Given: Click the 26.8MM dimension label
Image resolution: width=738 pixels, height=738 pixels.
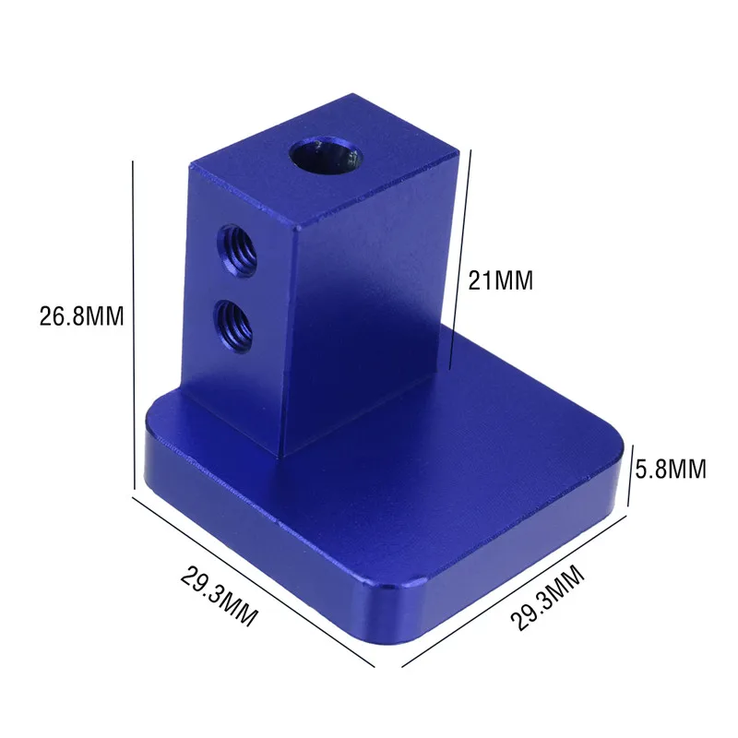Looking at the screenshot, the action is point(81,315).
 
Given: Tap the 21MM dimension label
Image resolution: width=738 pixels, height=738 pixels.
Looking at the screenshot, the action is point(501,280).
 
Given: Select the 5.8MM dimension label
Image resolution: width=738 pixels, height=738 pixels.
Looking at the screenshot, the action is point(671,469).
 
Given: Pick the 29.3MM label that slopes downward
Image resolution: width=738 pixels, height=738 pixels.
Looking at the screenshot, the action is point(220,596).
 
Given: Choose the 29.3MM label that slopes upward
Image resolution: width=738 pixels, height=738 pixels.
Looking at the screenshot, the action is point(547,597).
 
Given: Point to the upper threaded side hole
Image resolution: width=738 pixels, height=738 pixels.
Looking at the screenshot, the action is point(237,250).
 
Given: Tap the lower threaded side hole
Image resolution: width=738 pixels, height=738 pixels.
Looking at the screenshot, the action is point(233,327).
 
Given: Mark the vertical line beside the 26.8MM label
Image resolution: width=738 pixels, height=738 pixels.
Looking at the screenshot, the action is point(134,326).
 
